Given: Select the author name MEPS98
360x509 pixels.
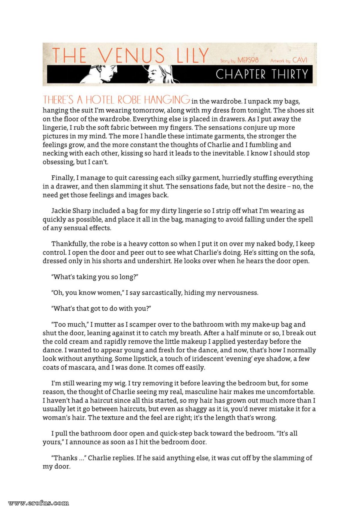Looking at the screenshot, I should [x=248, y=60].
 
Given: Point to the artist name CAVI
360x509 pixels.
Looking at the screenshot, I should [x=300, y=60].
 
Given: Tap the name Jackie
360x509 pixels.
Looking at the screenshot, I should [x=61, y=211].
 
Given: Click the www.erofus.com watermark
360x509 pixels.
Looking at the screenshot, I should [x=39, y=503].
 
